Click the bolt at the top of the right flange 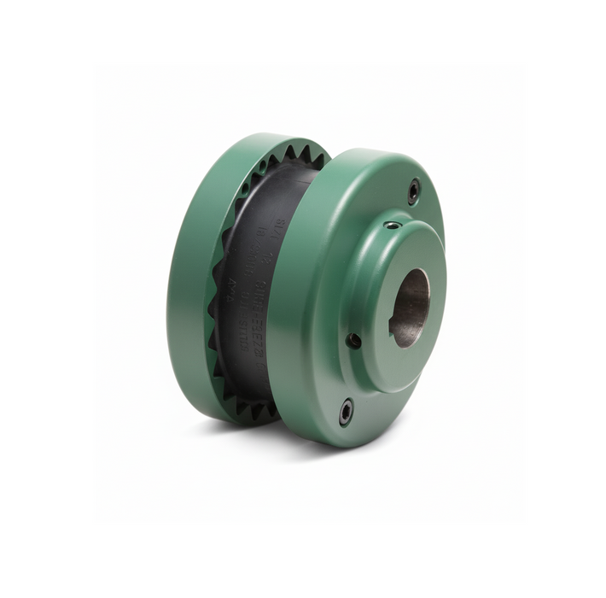[413, 191]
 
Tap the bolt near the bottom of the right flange [346, 411]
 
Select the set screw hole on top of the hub [391, 226]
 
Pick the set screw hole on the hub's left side [353, 339]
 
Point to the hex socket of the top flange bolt [413, 191]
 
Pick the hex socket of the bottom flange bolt [346, 411]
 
